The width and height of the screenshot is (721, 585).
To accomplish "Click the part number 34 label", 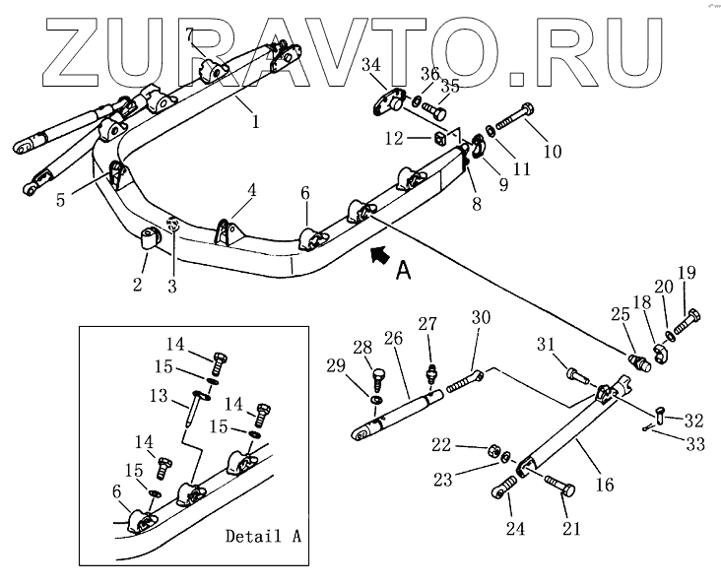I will (371, 65).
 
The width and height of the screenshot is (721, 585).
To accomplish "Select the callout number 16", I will (605, 485).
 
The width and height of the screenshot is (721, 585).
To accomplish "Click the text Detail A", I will (263, 537).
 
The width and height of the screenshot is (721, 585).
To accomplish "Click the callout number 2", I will (137, 285).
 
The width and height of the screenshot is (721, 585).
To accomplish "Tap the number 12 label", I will (393, 139).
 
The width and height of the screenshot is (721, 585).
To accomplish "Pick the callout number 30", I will (480, 317).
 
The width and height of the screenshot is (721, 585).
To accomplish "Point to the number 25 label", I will (618, 315).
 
